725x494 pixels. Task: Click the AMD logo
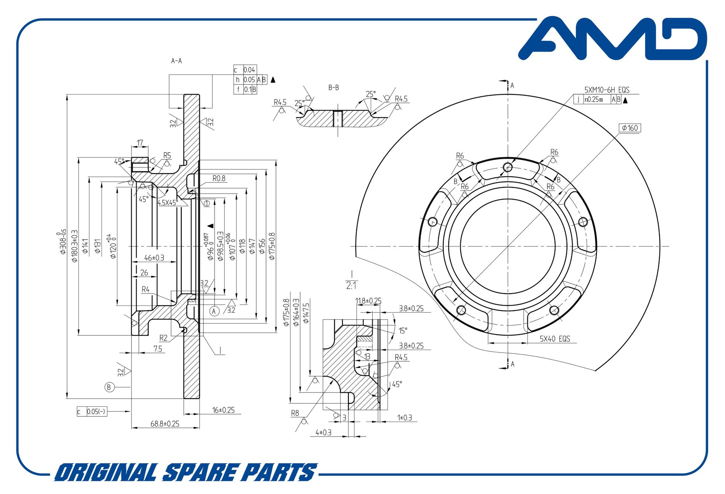point(613,38)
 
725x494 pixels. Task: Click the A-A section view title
point(177,61)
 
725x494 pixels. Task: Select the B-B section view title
point(333,87)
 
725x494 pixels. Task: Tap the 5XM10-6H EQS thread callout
point(606,90)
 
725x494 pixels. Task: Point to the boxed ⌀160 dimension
point(630,128)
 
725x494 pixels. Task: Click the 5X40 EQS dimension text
point(555,339)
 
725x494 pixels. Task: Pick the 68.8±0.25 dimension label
point(165,424)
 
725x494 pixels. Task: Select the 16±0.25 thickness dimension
point(223,410)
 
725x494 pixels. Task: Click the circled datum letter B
point(109,387)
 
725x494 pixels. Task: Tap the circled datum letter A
point(214,311)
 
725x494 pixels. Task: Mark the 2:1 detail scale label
point(351,285)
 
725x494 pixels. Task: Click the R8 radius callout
point(295,413)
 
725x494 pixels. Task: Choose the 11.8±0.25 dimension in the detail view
point(368,301)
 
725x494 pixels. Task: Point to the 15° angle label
point(403,331)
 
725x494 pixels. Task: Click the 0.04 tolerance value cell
point(249,70)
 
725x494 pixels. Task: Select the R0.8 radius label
point(219,178)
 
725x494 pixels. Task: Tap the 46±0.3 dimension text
point(154,258)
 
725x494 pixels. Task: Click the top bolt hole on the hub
point(508,167)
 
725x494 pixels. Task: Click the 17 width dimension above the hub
point(140,143)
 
